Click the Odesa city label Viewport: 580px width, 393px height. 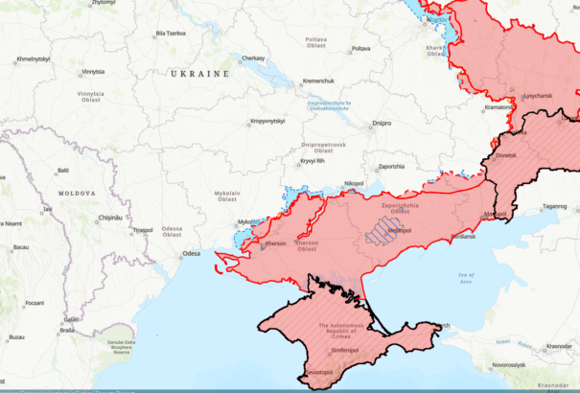click(x=191, y=254)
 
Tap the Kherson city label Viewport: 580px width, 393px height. click(x=276, y=244)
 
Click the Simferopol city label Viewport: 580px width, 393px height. click(x=344, y=351)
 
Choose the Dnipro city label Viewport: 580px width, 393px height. click(x=382, y=125)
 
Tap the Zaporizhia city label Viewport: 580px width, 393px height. click(x=391, y=167)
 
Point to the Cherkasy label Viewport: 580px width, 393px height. click(x=253, y=58)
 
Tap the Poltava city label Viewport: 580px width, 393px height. click(x=360, y=48)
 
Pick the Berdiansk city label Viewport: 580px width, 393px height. click(x=462, y=236)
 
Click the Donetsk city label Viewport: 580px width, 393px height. click(x=506, y=155)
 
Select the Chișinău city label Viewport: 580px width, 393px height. click(x=110, y=218)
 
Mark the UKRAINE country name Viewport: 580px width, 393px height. click(x=199, y=74)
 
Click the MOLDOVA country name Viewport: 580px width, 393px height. click(x=77, y=194)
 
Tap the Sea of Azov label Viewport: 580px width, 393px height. click(x=465, y=279)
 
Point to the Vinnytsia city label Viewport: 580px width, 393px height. click(x=93, y=72)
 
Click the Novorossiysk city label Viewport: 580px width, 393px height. click(x=508, y=365)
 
